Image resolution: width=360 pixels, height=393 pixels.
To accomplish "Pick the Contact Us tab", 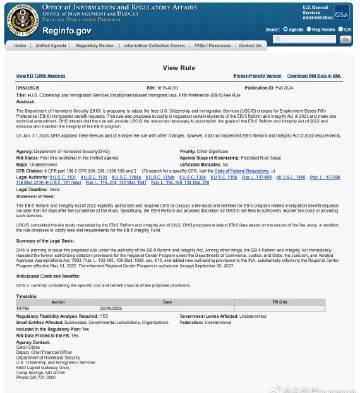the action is click(x=249, y=45).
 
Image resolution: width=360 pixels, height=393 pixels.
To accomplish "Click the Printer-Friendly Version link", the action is click(x=256, y=76).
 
